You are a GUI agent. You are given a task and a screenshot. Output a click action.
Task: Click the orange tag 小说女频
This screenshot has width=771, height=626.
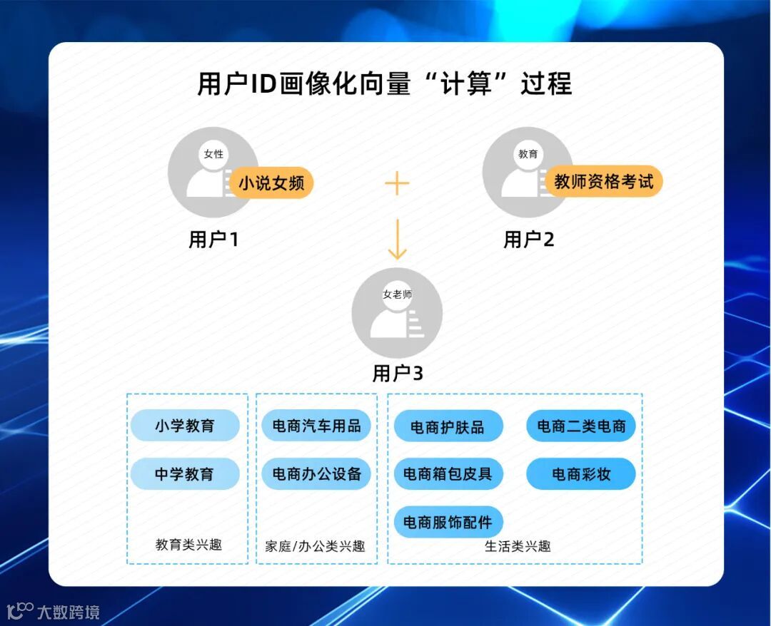[x=271, y=183]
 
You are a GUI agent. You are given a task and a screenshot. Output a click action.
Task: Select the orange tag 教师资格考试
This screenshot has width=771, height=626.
[x=604, y=181]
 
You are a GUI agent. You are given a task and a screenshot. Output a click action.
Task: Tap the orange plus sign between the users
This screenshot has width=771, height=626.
[x=397, y=183]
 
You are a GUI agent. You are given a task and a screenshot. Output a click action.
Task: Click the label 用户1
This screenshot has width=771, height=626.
[x=213, y=240]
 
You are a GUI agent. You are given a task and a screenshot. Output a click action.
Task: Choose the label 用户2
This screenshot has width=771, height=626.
[x=529, y=240]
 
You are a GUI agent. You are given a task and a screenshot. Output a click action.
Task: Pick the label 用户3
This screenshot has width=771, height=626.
[x=398, y=373]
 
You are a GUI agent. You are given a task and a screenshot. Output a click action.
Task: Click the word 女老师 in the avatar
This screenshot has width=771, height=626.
[x=398, y=294]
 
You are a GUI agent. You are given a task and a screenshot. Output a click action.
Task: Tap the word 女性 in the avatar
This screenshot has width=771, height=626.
[x=213, y=154]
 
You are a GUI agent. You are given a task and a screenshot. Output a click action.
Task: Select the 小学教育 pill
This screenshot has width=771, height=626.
[x=184, y=426]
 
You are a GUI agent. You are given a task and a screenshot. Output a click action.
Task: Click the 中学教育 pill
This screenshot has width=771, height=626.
[x=184, y=473]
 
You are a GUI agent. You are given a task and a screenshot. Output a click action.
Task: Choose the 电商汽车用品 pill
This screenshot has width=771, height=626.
[x=316, y=426]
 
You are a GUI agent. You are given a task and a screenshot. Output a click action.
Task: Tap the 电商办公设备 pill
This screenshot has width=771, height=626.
[x=316, y=473]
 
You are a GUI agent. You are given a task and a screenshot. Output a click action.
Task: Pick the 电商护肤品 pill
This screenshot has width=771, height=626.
[x=448, y=427]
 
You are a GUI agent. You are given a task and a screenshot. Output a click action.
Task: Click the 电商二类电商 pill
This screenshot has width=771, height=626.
[x=581, y=426]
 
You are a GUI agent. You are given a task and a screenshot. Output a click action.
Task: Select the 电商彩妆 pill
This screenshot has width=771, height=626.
[x=581, y=474]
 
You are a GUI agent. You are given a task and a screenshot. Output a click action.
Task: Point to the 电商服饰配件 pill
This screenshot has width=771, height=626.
[x=448, y=522]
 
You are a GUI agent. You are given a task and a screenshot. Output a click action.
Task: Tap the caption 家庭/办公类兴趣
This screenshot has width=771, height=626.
[x=315, y=546]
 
